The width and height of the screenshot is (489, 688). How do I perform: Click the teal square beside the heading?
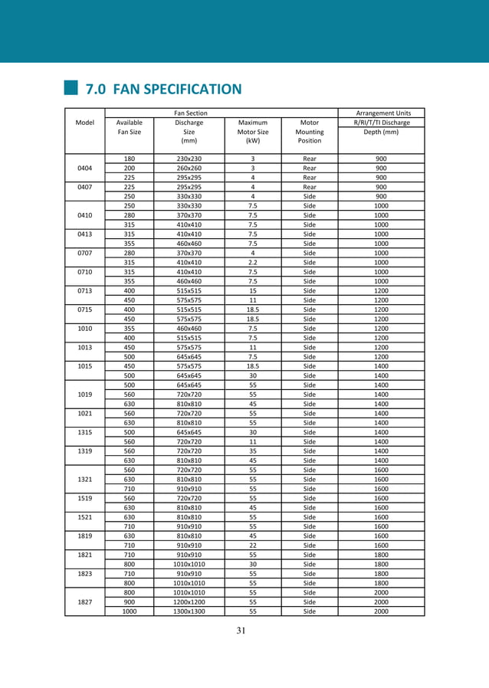tap(72, 89)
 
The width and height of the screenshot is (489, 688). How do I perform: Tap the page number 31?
tap(245, 631)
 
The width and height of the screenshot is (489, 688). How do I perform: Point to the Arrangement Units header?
tap(381, 113)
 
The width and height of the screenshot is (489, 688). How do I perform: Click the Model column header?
tap(84, 123)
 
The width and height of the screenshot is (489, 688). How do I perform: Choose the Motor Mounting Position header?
tap(310, 131)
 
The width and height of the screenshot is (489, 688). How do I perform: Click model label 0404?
tap(84, 168)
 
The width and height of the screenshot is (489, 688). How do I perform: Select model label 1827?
tap(84, 602)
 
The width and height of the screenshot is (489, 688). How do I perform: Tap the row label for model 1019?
tap(84, 395)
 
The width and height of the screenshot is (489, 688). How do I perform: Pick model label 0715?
tap(84, 310)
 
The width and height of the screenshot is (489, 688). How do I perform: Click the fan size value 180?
tap(130, 159)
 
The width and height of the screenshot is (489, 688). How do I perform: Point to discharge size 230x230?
tap(189, 159)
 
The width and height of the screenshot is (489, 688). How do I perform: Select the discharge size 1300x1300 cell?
tap(189, 611)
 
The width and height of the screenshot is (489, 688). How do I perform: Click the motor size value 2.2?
tap(253, 262)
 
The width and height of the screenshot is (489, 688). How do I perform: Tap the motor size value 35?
tap(253, 451)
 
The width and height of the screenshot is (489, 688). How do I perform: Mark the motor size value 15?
tap(253, 290)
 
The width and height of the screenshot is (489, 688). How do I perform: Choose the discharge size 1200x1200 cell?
tap(189, 602)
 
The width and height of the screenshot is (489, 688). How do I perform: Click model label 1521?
tap(84, 517)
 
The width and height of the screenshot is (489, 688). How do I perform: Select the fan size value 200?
tap(130, 168)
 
